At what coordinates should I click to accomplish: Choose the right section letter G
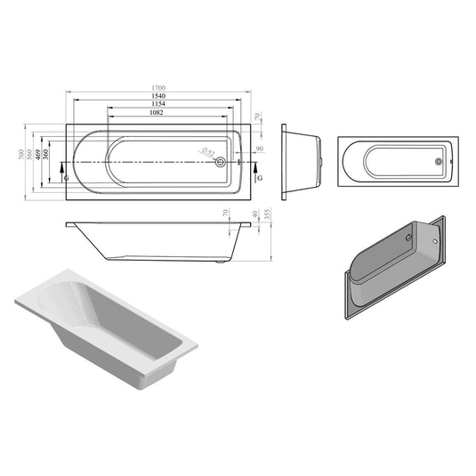[258, 178]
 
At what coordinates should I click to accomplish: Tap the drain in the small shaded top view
[437, 162]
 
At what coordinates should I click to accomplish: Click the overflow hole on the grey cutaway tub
[407, 236]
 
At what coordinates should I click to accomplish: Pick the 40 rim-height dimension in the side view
[255, 216]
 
